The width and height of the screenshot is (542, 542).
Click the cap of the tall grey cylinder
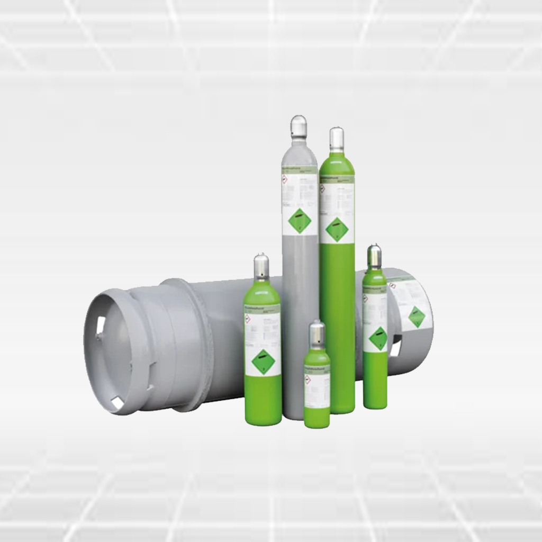click(299, 127)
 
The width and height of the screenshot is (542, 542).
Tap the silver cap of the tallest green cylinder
click(337, 139)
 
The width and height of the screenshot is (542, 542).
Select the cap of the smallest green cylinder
click(317, 333)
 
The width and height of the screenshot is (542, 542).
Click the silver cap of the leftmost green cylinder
click(261, 267)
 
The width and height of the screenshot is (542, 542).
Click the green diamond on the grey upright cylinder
click(300, 221)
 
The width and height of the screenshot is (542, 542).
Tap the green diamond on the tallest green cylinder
click(337, 229)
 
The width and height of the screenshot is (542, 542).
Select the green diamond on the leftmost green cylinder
click(263, 362)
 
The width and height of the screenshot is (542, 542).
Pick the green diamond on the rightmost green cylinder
click(378, 338)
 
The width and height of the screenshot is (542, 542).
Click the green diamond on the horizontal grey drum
click(417, 317)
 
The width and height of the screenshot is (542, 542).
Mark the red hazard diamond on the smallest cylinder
click(307, 379)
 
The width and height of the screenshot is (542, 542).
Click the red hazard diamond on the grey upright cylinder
click(285, 180)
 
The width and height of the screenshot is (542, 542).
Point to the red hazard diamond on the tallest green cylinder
click(322, 188)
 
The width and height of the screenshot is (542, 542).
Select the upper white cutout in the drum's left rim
click(100, 326)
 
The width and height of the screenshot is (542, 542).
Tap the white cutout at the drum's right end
click(395, 348)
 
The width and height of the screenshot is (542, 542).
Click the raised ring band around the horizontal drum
click(198, 344)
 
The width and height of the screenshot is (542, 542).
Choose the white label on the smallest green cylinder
click(317, 389)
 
